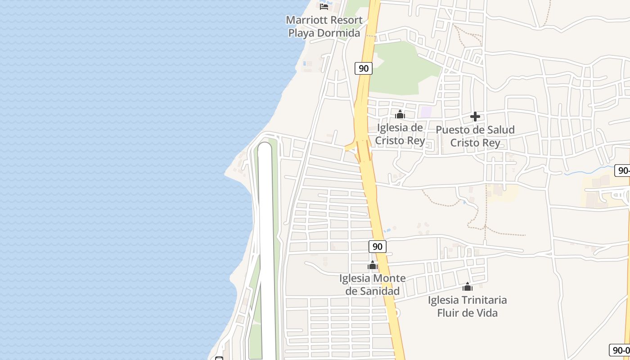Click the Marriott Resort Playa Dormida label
pyautogui.click(x=324, y=27)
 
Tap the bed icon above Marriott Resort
pyautogui.click(x=324, y=6)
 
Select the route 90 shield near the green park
pyautogui.click(x=364, y=68)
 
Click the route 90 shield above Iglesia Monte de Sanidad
pyautogui.click(x=378, y=246)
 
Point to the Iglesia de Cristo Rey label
pyautogui.click(x=400, y=134)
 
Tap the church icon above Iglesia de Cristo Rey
pyautogui.click(x=400, y=115)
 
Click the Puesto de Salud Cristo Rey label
pyautogui.click(x=475, y=136)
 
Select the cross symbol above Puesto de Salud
pyautogui.click(x=475, y=117)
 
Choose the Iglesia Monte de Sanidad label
pyautogui.click(x=372, y=285)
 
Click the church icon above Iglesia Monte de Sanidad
pyautogui.click(x=372, y=265)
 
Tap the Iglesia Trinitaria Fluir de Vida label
pyautogui.click(x=468, y=306)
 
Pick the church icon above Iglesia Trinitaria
pyautogui.click(x=468, y=287)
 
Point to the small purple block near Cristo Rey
pyautogui.click(x=426, y=112)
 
